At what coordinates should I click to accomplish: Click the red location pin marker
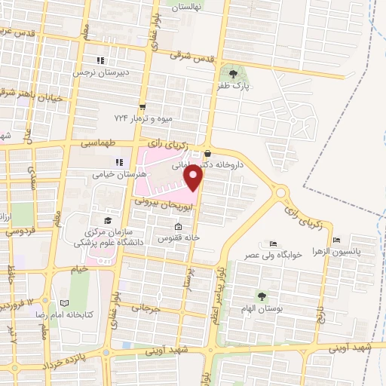tap(194, 179)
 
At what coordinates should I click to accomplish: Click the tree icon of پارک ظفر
tap(233, 74)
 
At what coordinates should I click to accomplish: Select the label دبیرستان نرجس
tap(97, 73)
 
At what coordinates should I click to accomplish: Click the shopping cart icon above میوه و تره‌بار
tap(142, 106)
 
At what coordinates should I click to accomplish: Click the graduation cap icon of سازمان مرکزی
tap(108, 219)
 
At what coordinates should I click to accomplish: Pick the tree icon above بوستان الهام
tap(262, 296)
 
